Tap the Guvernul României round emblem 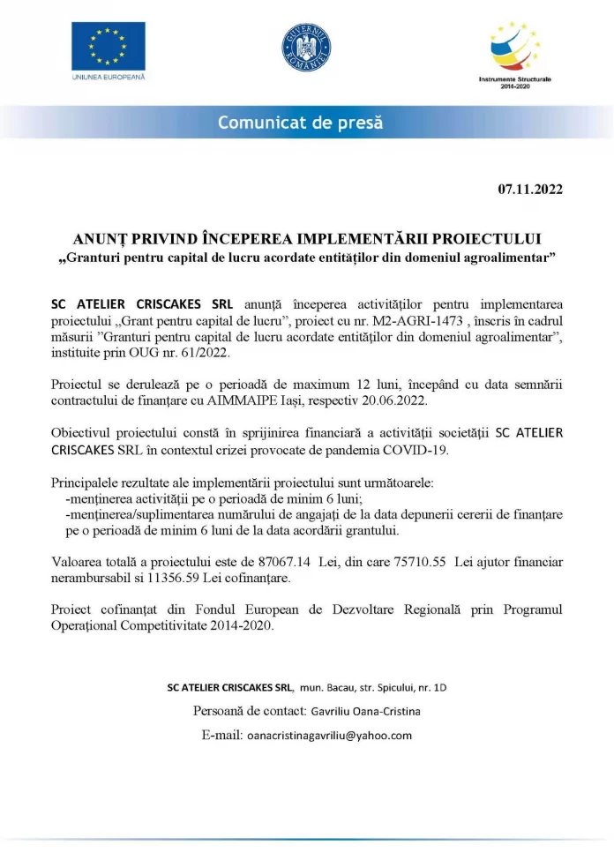tap(306, 49)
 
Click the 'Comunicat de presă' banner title tap(300, 123)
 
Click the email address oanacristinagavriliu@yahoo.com tap(330, 736)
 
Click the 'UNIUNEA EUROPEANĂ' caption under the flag tap(109, 78)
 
